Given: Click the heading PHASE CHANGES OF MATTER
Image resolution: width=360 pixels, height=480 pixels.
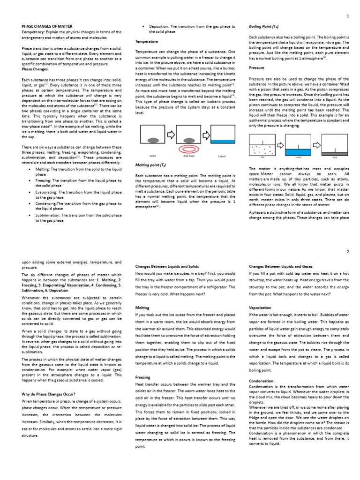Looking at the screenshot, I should point(47,27).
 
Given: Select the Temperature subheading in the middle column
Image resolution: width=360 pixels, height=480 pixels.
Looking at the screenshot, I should point(147,42).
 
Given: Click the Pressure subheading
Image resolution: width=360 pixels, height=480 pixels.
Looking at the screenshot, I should point(257,67).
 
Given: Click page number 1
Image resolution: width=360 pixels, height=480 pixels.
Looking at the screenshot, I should point(348,16).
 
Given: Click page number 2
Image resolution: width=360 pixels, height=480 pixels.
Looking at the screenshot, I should point(348,251).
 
